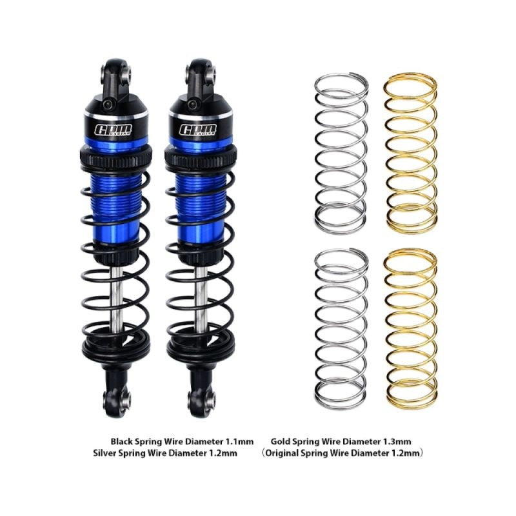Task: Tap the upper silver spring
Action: [341, 152]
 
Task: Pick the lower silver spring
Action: [341, 329]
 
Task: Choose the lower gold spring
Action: [412, 329]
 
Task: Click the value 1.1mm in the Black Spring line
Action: [239, 441]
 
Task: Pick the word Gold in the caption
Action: [281, 441]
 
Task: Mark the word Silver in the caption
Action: [105, 453]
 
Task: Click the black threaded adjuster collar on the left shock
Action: [115, 155]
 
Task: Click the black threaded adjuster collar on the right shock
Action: [203, 155]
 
